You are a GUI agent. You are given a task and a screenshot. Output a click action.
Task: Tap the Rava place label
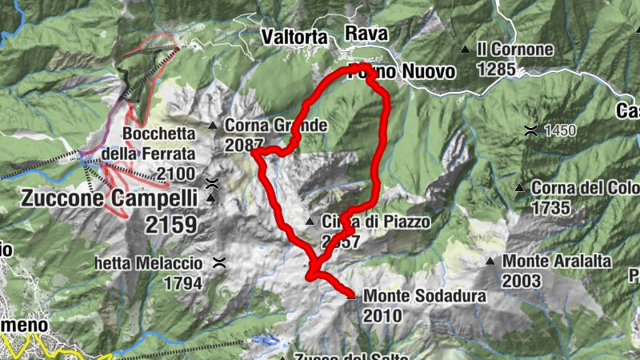(x=366, y=33)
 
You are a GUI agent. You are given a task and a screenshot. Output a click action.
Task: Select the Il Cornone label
(x=514, y=49)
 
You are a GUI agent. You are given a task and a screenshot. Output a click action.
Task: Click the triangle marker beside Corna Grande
(x=213, y=126)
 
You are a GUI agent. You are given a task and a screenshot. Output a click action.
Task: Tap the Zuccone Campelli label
(x=109, y=198)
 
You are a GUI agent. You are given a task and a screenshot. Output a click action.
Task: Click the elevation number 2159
(x=170, y=225)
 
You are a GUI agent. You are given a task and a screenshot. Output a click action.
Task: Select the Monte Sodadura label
(x=424, y=296)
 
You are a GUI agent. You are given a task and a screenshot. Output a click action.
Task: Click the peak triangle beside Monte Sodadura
(x=351, y=297)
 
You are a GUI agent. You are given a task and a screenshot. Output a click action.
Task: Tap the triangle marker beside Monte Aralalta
(x=490, y=262)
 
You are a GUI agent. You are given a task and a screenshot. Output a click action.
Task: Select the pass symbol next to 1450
(x=530, y=130)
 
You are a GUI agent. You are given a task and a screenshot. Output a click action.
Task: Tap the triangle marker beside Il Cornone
(x=466, y=50)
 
